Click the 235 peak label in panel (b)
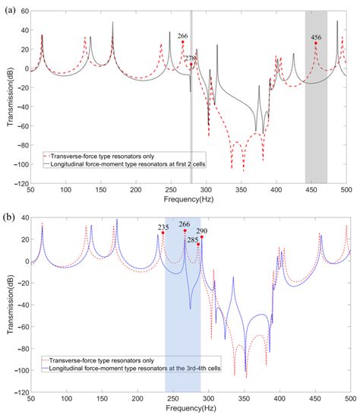(x=163, y=226)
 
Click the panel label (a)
(x=8, y=8)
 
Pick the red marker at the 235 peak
(x=163, y=233)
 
